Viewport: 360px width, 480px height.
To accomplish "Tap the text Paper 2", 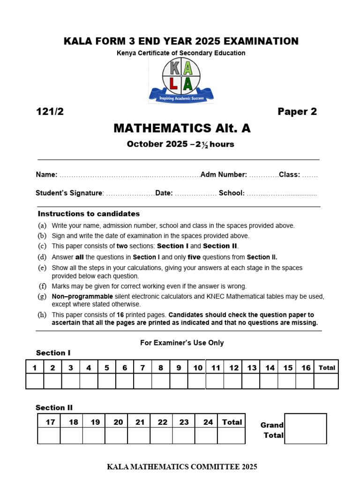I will [x=297, y=112].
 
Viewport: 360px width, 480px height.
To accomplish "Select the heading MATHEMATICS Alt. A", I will [x=182, y=128].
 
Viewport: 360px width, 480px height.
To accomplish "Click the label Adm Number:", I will [x=224, y=175].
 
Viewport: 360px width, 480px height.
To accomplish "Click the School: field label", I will [x=232, y=193].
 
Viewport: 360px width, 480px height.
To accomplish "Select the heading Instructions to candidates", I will [x=89, y=214].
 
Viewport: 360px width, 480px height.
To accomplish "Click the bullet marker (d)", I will [x=42, y=257].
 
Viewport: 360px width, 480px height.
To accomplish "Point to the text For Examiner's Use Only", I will [x=182, y=343].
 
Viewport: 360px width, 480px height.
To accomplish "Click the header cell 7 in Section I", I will [x=142, y=368].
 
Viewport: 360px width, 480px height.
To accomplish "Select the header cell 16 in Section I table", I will [x=306, y=368].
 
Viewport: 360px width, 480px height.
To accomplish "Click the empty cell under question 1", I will [x=35, y=381].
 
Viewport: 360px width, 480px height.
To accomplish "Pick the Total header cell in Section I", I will [x=327, y=368].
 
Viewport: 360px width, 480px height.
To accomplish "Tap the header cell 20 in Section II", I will [x=118, y=422].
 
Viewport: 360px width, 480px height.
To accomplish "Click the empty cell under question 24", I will [x=208, y=435].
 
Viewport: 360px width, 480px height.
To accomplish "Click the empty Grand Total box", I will [x=305, y=428].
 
